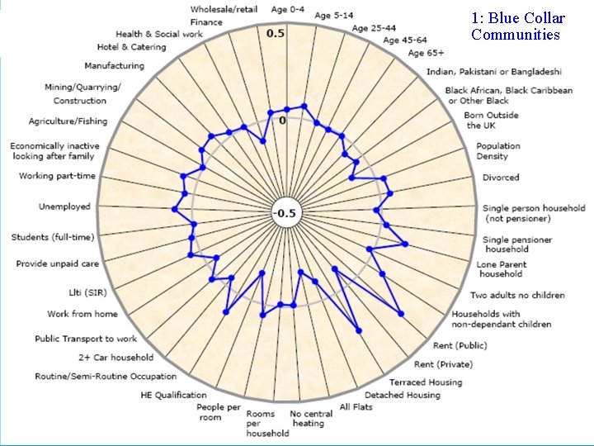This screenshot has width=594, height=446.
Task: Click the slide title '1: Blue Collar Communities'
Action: [x=518, y=26]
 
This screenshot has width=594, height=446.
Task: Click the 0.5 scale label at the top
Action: [x=276, y=34]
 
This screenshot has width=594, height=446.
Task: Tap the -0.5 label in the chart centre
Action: [x=285, y=213]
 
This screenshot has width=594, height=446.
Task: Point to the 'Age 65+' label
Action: [x=426, y=54]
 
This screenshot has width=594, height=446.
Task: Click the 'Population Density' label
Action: [x=497, y=151]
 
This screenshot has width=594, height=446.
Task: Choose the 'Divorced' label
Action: [x=501, y=178]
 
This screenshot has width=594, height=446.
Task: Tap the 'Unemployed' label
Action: [x=64, y=206]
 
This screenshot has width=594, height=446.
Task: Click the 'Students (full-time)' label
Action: [x=53, y=238]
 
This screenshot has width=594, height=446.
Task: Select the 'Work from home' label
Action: [x=82, y=314]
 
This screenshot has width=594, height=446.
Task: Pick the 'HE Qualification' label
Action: [x=174, y=395]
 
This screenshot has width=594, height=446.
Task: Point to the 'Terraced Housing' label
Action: [x=426, y=382]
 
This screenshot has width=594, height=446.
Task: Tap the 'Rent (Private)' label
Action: [x=443, y=364]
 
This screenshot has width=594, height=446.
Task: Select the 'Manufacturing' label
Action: [x=114, y=66]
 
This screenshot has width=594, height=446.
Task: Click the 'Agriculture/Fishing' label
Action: [x=68, y=121]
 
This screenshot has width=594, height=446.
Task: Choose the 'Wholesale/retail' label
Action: [x=224, y=9]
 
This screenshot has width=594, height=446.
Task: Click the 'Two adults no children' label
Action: [x=517, y=295]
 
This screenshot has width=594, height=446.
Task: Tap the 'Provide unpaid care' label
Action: [x=58, y=264]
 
